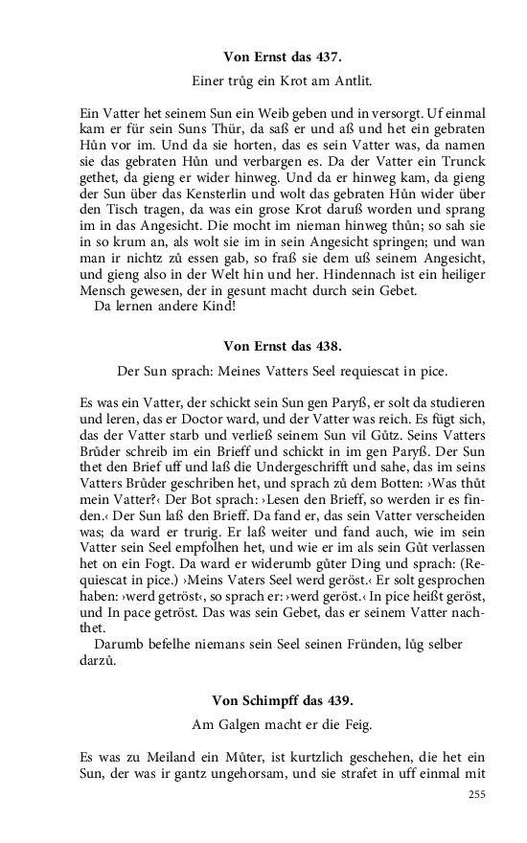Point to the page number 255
[478, 794]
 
